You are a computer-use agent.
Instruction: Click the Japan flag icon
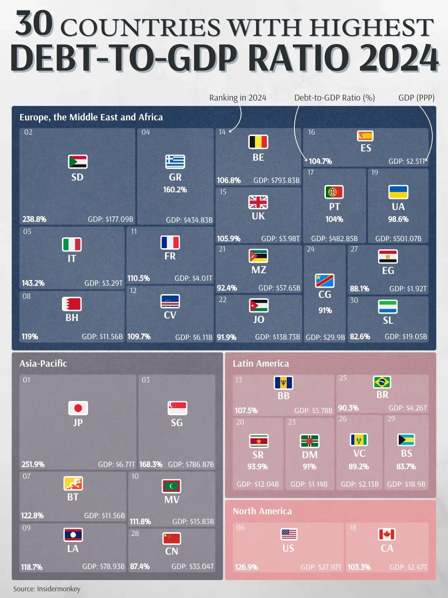tap(78, 408)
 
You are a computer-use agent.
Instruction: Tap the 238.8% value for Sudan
tap(34, 219)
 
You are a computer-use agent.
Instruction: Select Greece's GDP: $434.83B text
tap(189, 220)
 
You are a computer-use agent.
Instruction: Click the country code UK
tap(258, 216)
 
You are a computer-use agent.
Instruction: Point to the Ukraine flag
tap(398, 192)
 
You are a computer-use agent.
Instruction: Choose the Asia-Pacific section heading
tap(43, 363)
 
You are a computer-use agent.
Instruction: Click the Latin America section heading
tap(261, 363)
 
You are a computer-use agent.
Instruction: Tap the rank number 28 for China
tap(135, 533)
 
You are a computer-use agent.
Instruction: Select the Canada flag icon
tap(387, 534)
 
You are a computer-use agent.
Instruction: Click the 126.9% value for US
tap(246, 567)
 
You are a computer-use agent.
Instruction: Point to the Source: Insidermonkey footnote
tap(47, 589)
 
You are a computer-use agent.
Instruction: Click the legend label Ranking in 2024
tap(237, 98)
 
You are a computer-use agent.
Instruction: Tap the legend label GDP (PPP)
tap(416, 98)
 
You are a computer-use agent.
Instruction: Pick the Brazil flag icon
tap(382, 382)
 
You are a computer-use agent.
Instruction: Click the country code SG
tap(177, 423)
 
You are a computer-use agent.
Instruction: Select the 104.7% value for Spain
tap(320, 161)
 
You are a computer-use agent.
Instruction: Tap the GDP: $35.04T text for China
tap(193, 567)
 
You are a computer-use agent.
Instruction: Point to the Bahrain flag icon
tap(72, 304)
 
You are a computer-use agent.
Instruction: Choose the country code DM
tap(309, 455)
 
